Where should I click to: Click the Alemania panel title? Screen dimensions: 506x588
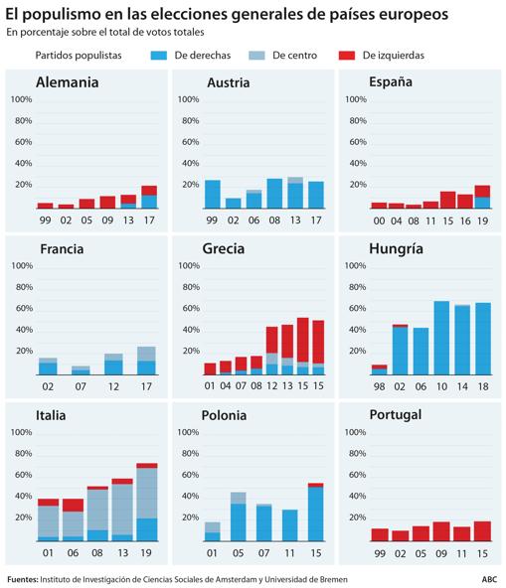click(68, 82)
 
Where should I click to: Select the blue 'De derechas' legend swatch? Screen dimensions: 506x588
click(159, 56)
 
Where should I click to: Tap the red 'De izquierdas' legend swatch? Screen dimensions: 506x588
click(347, 56)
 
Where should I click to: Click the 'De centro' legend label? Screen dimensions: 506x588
click(294, 56)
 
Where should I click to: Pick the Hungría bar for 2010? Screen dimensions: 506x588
click(441, 338)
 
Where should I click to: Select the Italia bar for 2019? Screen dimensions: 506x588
click(147, 503)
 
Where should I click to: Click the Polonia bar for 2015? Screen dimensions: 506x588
click(316, 512)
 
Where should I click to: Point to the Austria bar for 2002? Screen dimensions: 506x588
click(233, 204)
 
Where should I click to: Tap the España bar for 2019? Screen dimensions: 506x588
click(482, 197)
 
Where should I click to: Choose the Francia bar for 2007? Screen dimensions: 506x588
click(81, 370)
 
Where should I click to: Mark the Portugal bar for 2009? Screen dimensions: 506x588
click(441, 531)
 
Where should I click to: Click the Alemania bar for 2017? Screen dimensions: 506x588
click(149, 197)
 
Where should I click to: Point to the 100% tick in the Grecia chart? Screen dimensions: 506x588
click(189, 265)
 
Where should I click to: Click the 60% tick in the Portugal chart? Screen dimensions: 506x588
click(357, 475)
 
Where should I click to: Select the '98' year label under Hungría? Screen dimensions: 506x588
click(379, 386)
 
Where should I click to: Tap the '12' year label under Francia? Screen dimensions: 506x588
click(113, 386)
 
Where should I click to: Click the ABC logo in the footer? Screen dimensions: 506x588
click(489, 579)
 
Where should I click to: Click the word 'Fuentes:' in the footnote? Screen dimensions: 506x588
click(23, 579)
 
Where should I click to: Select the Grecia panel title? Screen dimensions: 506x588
click(224, 248)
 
